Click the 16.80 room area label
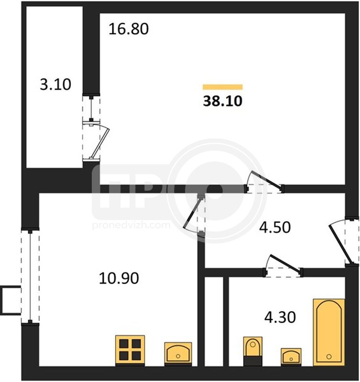[x=129, y=29]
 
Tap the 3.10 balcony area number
[x=55, y=85]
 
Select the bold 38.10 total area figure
[x=223, y=101]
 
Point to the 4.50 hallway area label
[x=275, y=227]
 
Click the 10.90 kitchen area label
[x=119, y=278]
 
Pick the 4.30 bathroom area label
[x=280, y=317]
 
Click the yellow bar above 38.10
[x=223, y=87]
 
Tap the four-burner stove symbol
[x=130, y=350]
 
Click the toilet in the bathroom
[x=253, y=351]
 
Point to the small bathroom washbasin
[x=291, y=357]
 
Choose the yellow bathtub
[x=329, y=332]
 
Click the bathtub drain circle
[x=329, y=357]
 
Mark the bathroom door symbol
[x=283, y=265]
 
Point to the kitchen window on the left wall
[x=30, y=277]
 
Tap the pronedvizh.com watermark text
[x=131, y=225]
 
